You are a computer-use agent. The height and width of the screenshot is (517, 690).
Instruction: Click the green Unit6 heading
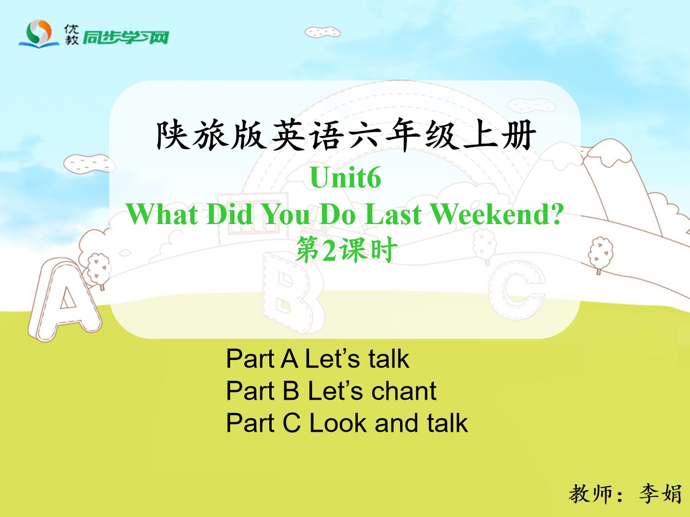[345, 177]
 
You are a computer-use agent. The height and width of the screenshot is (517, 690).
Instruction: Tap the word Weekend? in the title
[497, 214]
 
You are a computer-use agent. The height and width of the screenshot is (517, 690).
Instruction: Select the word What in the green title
[162, 214]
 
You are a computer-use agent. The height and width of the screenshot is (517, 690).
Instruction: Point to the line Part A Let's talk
[318, 359]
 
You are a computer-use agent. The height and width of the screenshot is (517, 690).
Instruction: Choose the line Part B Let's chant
[331, 391]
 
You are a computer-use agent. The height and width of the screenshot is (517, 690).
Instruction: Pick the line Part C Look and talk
[347, 423]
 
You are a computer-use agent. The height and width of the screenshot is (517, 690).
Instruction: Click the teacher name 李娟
[660, 494]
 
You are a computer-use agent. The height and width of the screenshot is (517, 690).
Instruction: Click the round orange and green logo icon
[39, 33]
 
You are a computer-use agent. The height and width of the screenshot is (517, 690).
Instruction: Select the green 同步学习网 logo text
[126, 38]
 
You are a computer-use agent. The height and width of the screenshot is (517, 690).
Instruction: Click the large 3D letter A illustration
[64, 300]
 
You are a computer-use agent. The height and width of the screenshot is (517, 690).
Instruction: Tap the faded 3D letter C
[517, 291]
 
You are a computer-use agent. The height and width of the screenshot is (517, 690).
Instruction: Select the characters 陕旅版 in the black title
[211, 135]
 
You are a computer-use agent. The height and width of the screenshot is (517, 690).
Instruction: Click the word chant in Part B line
[404, 391]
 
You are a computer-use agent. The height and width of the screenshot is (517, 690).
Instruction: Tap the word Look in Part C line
[338, 423]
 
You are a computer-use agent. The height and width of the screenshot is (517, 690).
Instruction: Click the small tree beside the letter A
[99, 270]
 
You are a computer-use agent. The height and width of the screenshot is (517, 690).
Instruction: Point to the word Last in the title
[393, 214]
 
